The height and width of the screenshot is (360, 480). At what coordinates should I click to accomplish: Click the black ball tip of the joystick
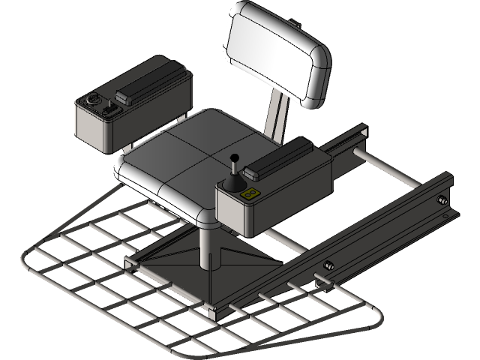tap(234, 157)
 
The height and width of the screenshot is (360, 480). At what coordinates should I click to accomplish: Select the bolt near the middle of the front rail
tap(328, 265)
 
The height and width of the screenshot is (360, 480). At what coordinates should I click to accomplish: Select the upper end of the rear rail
tap(361, 131)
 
